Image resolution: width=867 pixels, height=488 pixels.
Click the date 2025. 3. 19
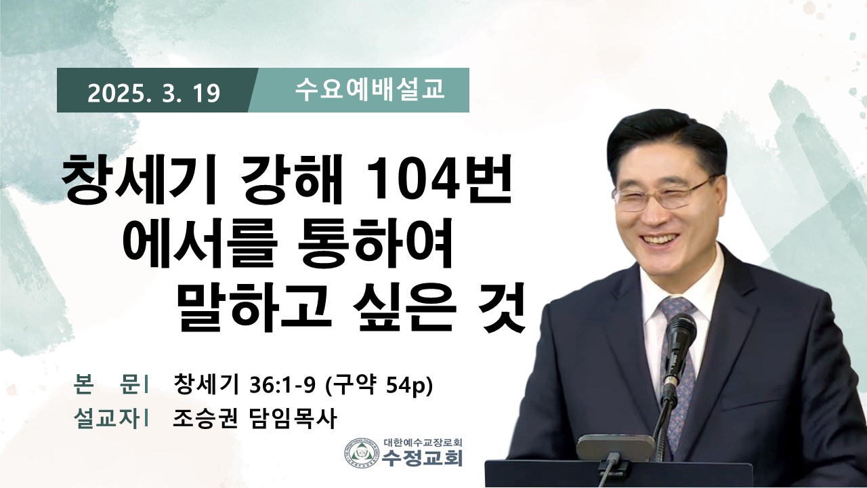(154, 94)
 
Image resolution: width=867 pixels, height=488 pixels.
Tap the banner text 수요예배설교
(370, 90)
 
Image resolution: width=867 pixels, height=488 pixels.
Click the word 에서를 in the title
(200, 243)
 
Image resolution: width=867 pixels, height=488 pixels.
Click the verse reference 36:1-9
(282, 385)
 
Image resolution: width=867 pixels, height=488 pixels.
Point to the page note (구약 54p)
(378, 385)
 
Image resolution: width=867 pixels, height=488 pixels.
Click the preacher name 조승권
(205, 418)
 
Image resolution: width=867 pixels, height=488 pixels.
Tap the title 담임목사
(291, 418)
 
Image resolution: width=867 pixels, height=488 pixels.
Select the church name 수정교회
(422, 457)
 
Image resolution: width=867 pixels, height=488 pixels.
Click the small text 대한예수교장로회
(423, 443)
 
